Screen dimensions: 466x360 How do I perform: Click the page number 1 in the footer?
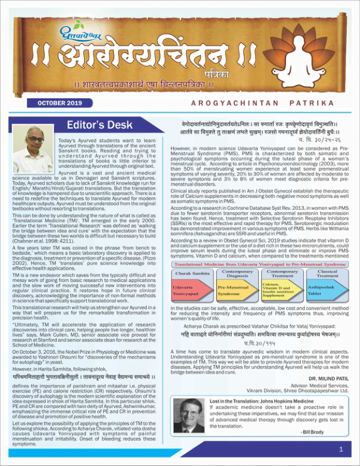point(341,450)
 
